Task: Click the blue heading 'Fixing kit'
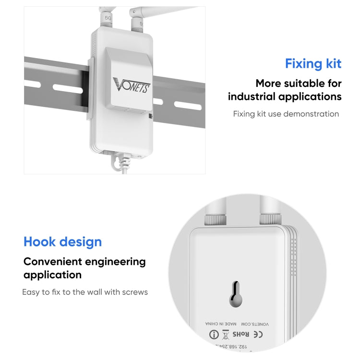(x=313, y=63)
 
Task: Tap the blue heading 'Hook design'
(x=62, y=241)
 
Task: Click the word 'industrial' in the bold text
(x=254, y=96)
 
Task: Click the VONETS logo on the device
(x=132, y=85)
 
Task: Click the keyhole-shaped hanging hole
(x=235, y=294)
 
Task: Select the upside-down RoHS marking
(x=241, y=334)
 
